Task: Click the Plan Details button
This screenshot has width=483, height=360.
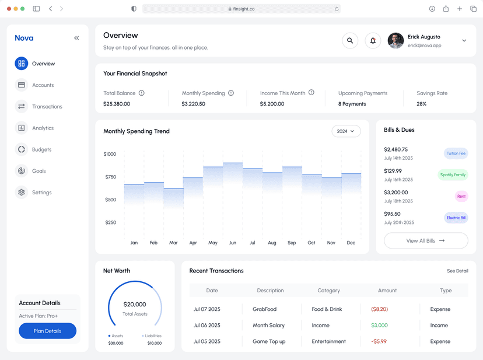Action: (x=47, y=331)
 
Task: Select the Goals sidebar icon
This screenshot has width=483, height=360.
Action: (x=22, y=171)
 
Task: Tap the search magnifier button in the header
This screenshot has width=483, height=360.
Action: (x=350, y=41)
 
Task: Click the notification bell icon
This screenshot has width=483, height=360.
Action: (x=373, y=41)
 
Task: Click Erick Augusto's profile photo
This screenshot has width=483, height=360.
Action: (x=395, y=41)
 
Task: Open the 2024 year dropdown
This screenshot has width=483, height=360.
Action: (x=346, y=131)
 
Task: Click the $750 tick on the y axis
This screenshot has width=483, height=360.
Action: (x=110, y=177)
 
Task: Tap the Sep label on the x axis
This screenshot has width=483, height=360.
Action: (x=292, y=243)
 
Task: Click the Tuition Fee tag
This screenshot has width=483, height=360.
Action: (x=456, y=153)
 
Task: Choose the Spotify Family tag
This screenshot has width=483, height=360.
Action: (x=453, y=175)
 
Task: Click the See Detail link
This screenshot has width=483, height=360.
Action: (x=457, y=271)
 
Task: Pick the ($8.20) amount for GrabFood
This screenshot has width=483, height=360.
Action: (x=379, y=309)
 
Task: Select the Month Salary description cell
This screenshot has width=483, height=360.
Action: (x=268, y=326)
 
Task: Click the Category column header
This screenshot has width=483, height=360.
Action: (x=328, y=291)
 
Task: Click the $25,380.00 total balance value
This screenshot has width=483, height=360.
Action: (x=117, y=104)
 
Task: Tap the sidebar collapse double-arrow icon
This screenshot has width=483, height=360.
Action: (x=76, y=38)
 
